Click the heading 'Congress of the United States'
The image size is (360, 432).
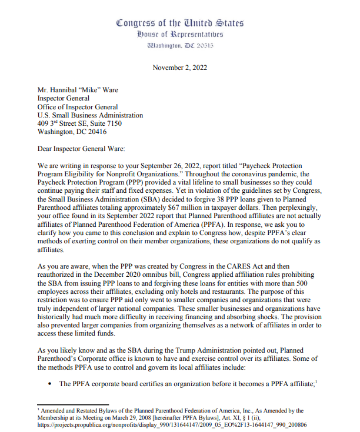pos(179,23)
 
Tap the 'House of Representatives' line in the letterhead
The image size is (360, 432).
pos(179,34)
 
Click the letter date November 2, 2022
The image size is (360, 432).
pos(179,68)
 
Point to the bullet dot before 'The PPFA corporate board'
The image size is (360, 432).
pos(48,385)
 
